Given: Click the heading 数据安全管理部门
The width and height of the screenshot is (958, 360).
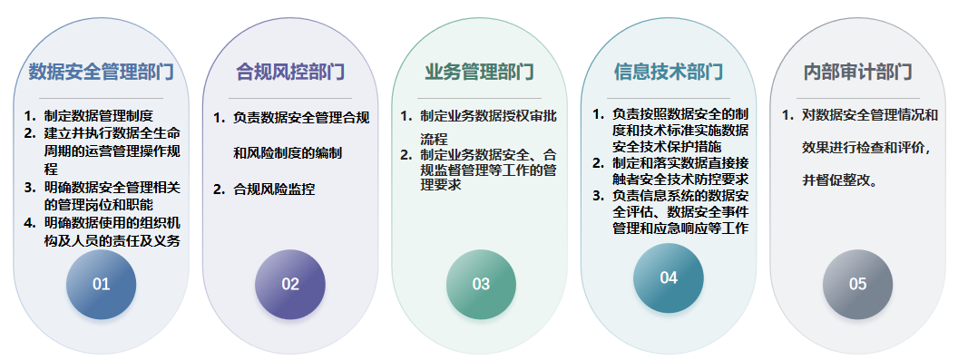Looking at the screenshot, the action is [102, 73].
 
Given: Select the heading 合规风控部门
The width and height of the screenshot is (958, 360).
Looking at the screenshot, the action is [290, 73].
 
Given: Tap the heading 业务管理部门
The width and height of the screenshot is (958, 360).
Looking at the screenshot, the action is [480, 73].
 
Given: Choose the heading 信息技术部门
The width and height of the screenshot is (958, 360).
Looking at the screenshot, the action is [669, 73].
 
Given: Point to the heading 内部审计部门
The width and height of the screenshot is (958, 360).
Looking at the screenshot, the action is [858, 73].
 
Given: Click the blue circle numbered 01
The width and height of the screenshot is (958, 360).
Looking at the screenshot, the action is [102, 284].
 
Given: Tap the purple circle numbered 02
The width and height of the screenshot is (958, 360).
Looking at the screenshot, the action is [290, 284].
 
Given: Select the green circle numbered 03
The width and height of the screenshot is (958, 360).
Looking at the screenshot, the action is [481, 284].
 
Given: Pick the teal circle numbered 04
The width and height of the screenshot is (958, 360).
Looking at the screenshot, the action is [669, 278].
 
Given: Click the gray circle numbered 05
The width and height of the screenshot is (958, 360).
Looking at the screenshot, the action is [858, 284].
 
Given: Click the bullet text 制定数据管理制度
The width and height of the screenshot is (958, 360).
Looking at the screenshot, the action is [98, 115].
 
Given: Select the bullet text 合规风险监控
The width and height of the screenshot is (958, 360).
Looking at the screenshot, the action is [274, 190].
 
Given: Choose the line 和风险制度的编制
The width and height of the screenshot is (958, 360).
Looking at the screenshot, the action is [288, 153].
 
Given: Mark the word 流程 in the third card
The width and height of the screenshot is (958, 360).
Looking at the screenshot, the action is [434, 139].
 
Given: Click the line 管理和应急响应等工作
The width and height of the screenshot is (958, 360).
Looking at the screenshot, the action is [680, 229].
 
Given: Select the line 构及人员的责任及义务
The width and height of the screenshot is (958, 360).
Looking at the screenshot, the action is [112, 241].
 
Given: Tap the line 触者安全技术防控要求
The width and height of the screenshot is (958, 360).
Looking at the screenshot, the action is [680, 180].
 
